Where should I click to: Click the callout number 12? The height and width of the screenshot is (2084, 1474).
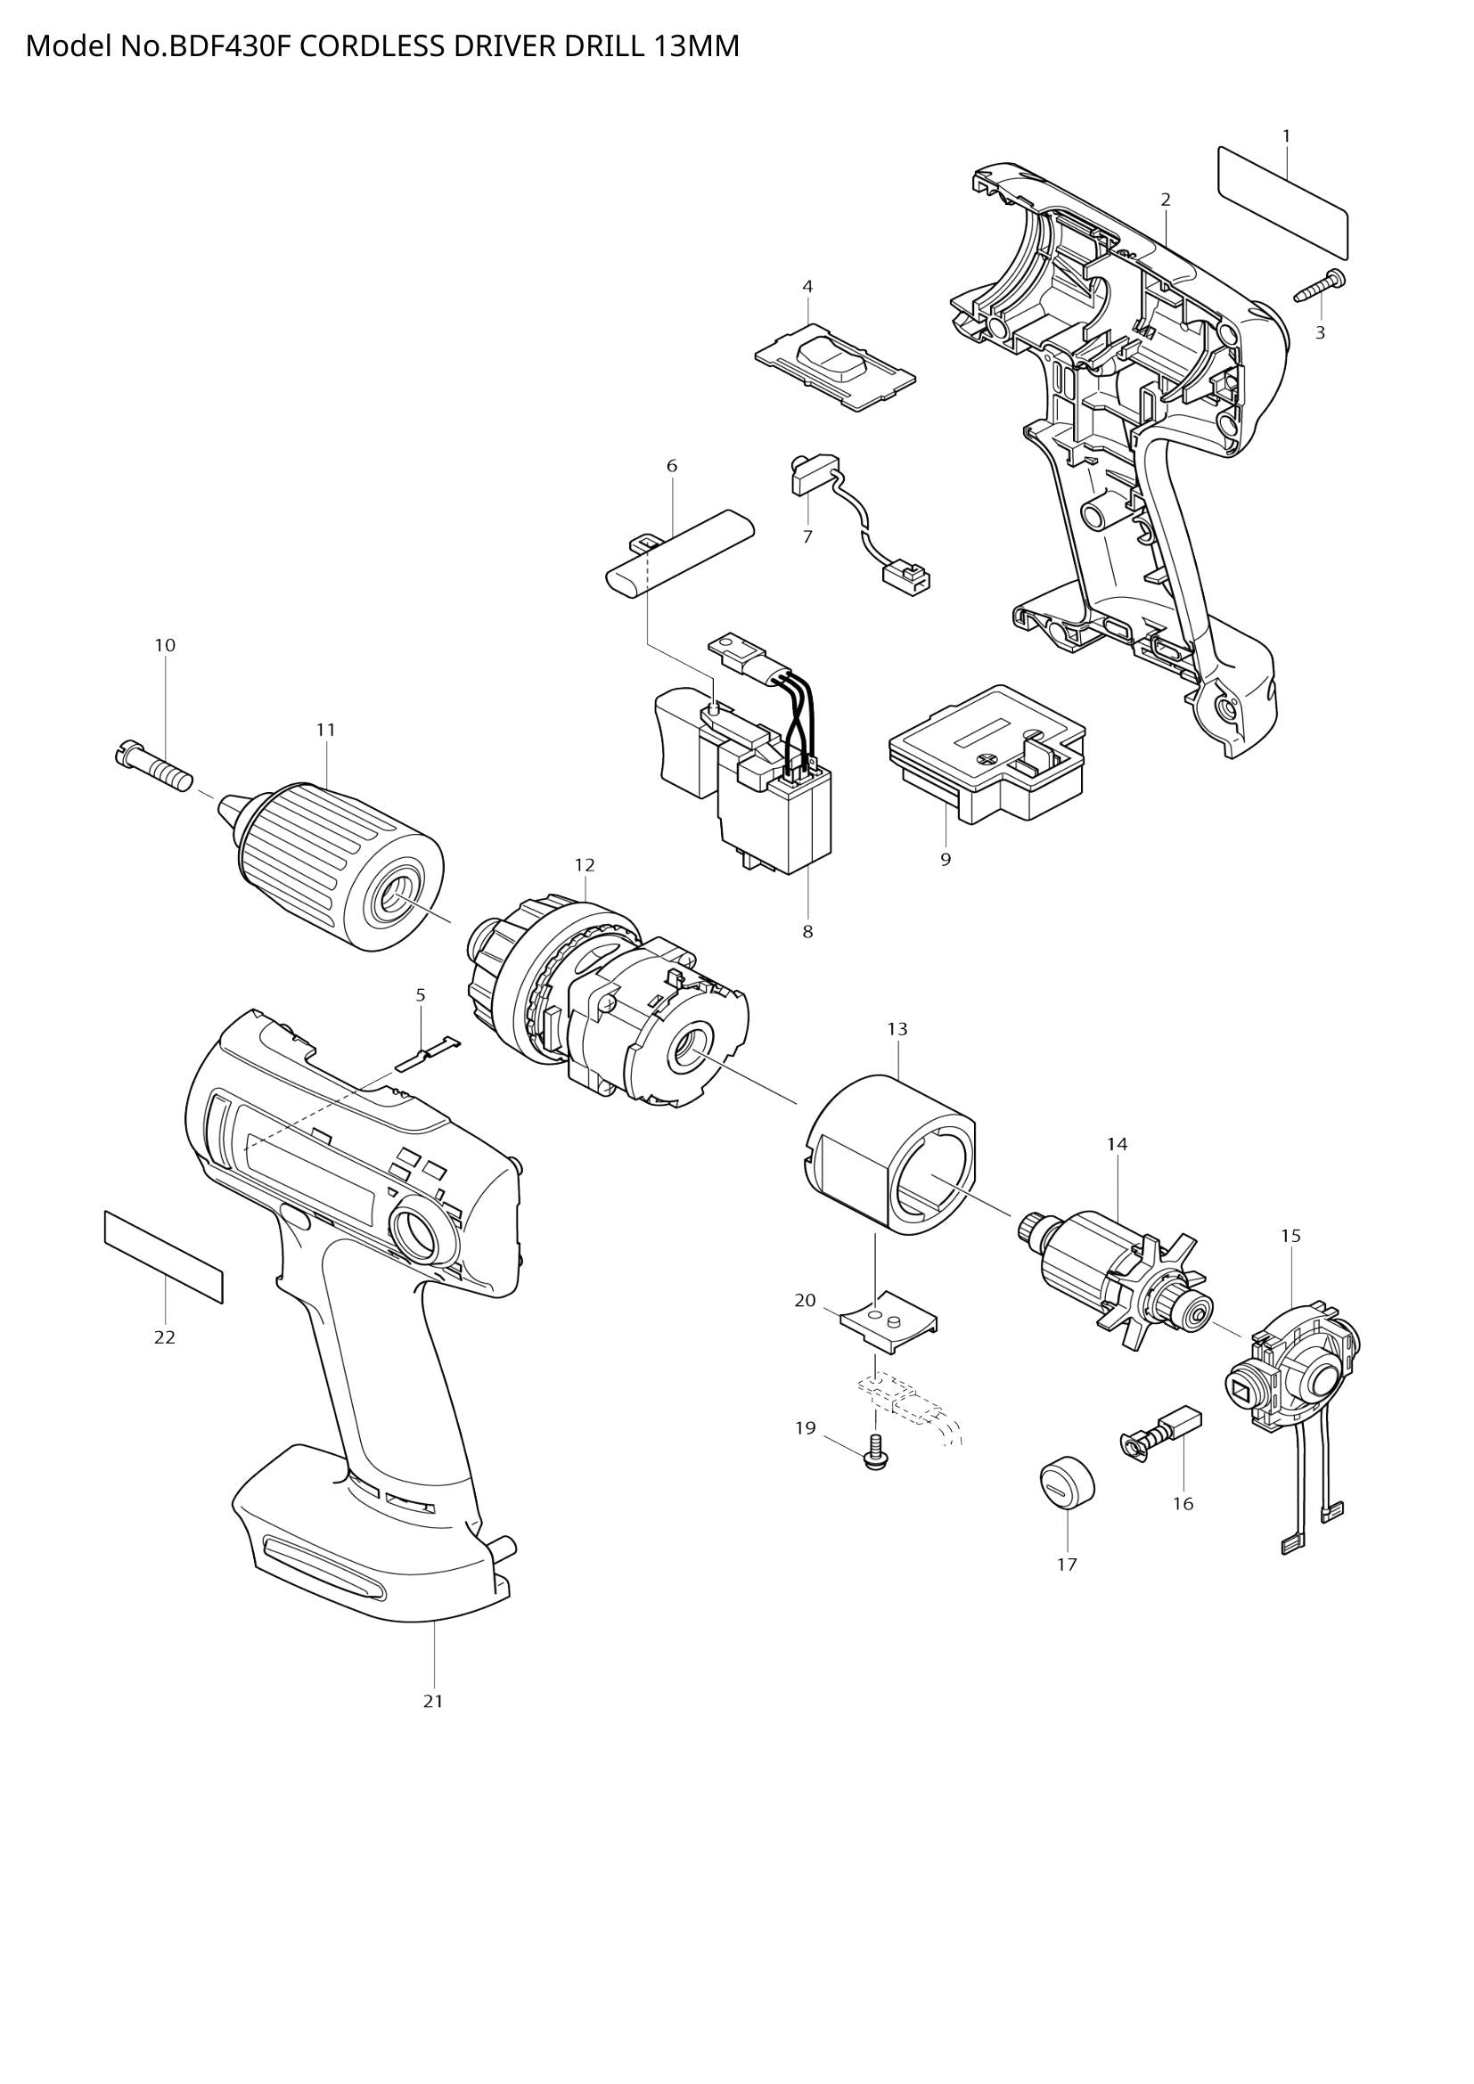(585, 865)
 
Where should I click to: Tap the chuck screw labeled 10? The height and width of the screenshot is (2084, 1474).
(152, 768)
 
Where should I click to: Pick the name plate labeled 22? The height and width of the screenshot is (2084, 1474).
(163, 1256)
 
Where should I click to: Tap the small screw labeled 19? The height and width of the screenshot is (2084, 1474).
(875, 1452)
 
